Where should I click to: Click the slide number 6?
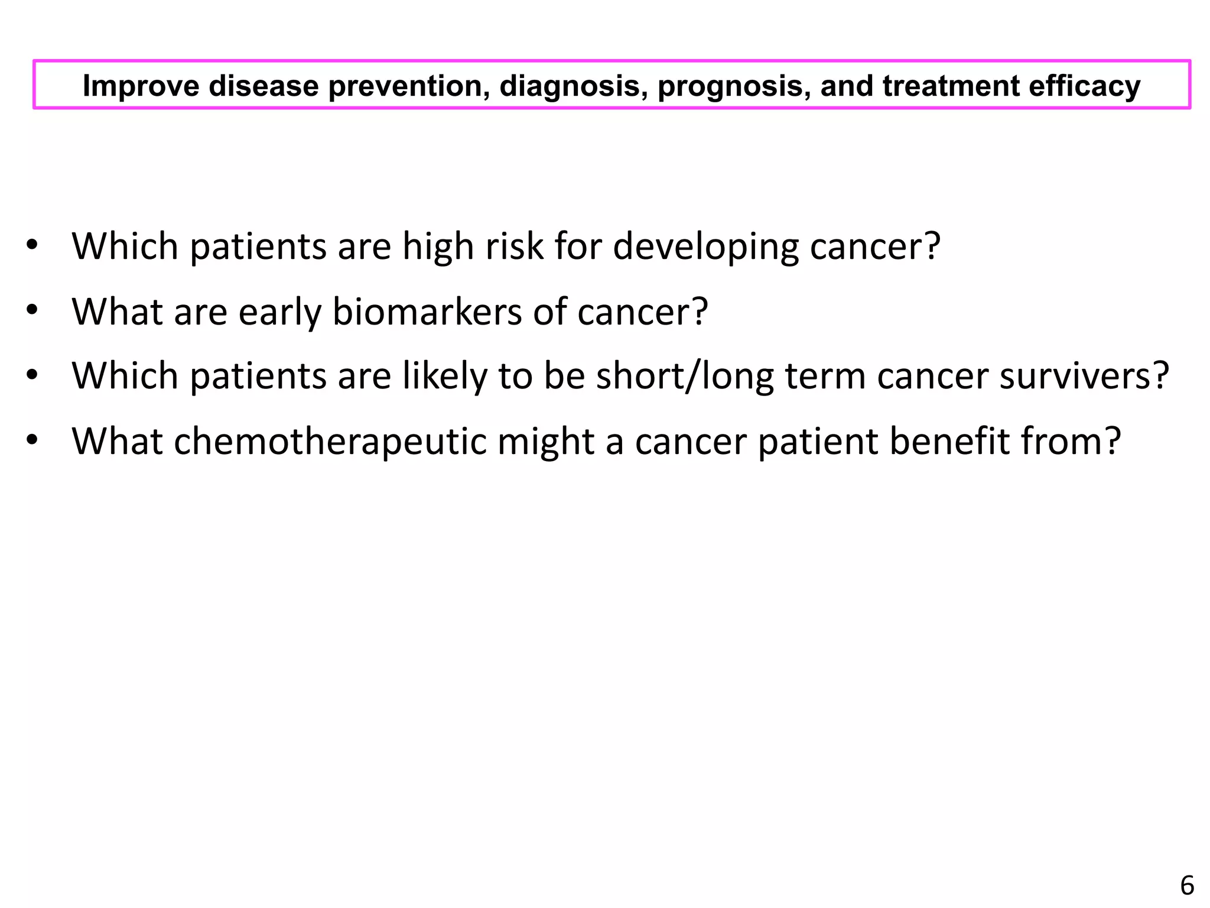pos(1187,886)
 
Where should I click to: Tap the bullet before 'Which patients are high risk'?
pos(32,245)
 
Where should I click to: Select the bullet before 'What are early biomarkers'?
pos(32,310)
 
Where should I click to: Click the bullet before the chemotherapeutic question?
pos(32,440)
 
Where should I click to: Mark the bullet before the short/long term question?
pos(32,375)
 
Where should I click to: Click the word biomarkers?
pos(427,311)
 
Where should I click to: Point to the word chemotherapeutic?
pos(330,441)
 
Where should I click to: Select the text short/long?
pos(685,376)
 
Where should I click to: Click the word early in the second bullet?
pos(279,311)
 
